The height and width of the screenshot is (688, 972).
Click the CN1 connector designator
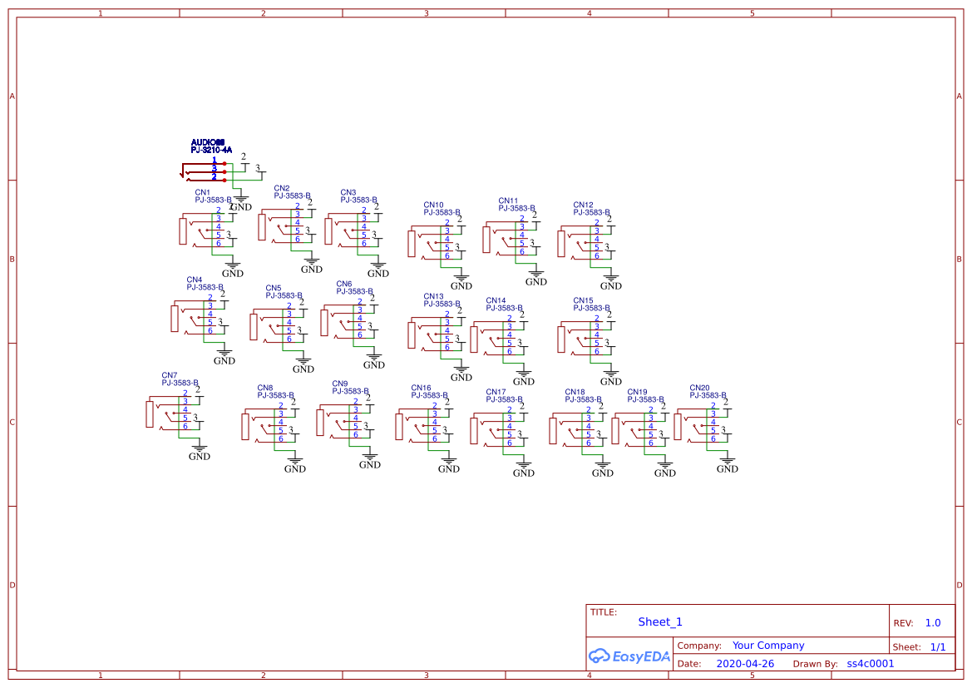[x=202, y=192]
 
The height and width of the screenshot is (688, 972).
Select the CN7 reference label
[x=169, y=375]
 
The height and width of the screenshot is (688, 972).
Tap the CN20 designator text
[x=699, y=388]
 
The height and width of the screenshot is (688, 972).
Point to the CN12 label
[x=583, y=205]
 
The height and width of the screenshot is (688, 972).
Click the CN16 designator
[x=421, y=388]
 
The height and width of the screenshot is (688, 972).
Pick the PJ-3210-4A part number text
[x=211, y=150]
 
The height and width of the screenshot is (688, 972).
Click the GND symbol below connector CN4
[x=224, y=356]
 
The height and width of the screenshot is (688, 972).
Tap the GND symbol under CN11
[x=536, y=277]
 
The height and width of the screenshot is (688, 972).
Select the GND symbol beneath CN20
[x=728, y=464]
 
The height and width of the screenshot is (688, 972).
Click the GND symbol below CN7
[x=200, y=452]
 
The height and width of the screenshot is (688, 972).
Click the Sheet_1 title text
[x=660, y=622]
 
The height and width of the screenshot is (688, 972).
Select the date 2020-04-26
[x=745, y=664]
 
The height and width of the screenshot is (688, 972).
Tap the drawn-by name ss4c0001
[x=870, y=664]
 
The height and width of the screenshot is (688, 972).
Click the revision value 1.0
[x=933, y=623]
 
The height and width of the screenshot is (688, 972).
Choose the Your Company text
[x=768, y=646]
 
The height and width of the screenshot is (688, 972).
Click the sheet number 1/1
[x=937, y=646]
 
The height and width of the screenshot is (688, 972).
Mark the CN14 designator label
[x=496, y=300]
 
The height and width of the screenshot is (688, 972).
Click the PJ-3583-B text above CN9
[x=350, y=391]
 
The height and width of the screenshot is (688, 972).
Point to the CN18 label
[x=575, y=392]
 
